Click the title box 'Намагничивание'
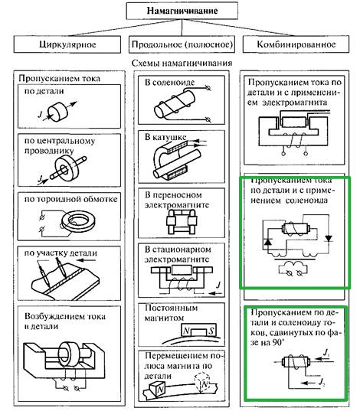click(x=181, y=12)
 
